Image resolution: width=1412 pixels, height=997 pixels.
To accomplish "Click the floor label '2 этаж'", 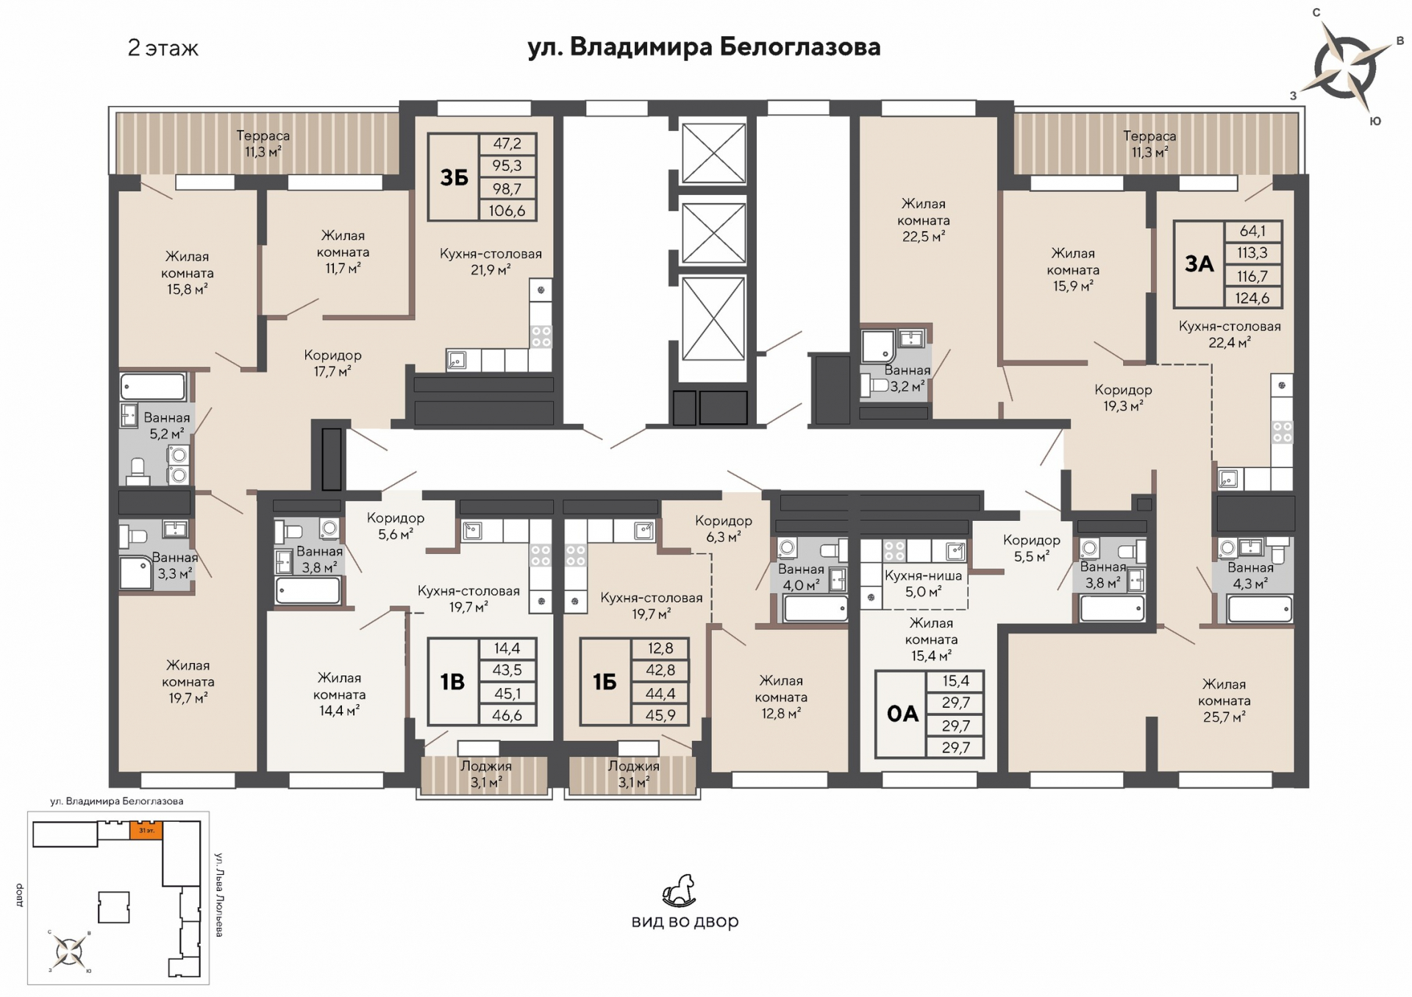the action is coord(163,49).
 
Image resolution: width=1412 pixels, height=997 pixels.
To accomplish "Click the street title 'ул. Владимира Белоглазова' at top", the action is coord(704,47).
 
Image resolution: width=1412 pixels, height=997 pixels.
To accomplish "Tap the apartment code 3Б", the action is coord(454,177).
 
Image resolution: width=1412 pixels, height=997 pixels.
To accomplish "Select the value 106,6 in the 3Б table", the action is coord(507,211).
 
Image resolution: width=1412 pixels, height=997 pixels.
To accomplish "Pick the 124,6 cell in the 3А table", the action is coord(1254,298).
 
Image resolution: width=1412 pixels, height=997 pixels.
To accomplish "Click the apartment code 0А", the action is coord(902,714).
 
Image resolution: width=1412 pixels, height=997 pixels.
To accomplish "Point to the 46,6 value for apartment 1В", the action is coord(507,715).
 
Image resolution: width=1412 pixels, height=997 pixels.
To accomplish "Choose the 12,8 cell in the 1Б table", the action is coord(660,648).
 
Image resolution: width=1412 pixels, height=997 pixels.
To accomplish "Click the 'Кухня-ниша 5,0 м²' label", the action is coord(923,583).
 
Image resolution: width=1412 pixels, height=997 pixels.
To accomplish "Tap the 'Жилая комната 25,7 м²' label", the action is coord(1224,700).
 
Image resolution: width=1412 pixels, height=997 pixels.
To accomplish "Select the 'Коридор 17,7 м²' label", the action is coord(332,363).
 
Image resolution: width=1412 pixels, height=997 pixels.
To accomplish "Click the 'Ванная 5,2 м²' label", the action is coord(167,426).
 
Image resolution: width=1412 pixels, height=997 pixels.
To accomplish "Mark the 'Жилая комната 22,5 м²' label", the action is coord(923,220).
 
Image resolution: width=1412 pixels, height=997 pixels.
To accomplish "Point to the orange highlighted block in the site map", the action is coord(146,831).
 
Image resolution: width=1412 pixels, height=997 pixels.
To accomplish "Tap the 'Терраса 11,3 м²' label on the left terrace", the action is coord(263,144).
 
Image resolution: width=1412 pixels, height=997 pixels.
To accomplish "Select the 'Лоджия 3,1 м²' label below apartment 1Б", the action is coord(633,774).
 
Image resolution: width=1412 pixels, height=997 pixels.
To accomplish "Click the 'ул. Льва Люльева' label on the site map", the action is coord(218,894).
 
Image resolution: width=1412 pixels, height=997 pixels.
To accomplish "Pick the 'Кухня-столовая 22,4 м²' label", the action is coord(1230,334).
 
